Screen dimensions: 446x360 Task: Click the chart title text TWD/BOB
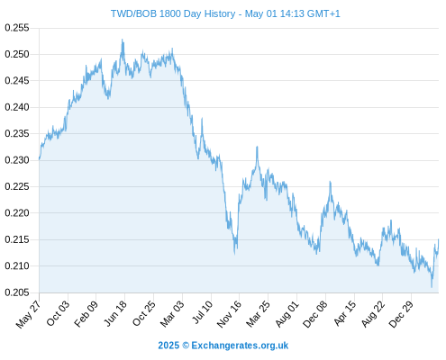[133, 13]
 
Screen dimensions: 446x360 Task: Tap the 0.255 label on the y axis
[17, 28]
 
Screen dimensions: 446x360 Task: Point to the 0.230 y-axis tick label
[17, 160]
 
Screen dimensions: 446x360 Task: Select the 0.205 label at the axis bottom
[17, 292]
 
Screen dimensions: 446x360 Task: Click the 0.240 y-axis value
[17, 107]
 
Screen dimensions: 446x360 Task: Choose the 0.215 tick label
[17, 239]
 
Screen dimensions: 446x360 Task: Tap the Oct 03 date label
[58, 313]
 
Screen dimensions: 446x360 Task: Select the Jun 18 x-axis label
[115, 313]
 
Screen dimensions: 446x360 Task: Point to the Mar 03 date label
[172, 313]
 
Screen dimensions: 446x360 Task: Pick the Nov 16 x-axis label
[229, 314]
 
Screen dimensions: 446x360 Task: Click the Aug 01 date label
[287, 313]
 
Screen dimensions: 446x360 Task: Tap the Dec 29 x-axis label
[401, 314]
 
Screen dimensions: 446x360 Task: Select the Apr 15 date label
[344, 313]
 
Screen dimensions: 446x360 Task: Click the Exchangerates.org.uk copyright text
[240, 346]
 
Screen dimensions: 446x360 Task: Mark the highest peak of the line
[123, 40]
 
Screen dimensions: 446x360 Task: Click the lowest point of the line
[432, 287]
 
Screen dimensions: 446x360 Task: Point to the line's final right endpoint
[439, 239]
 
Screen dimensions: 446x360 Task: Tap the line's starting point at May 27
[39, 159]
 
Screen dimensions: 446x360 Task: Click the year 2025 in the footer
[168, 346]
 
